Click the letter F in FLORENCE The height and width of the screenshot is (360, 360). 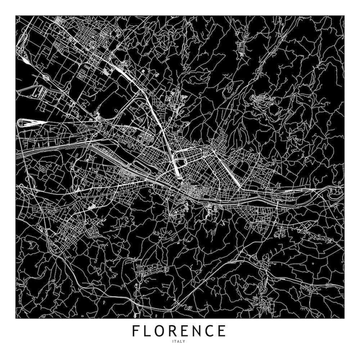[136, 330]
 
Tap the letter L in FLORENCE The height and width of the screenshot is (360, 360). [148, 330]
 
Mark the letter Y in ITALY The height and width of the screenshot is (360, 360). [184, 341]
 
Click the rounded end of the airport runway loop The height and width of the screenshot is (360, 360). [20, 123]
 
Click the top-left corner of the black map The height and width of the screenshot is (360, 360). [16, 16]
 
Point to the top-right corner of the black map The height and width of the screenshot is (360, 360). [344, 16]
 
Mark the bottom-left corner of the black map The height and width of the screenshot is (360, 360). [16, 318]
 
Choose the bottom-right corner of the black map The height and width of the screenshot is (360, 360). [344, 318]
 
